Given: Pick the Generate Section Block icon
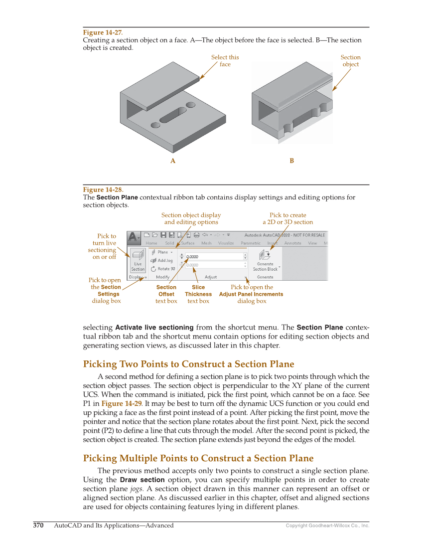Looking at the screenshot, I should (265, 256).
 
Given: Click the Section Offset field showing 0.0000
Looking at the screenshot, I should (214, 256).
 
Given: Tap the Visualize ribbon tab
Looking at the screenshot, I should (226, 243).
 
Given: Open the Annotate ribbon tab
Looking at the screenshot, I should (292, 243).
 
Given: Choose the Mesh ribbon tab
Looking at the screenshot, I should (206, 243).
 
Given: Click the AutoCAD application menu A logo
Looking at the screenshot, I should (134, 237).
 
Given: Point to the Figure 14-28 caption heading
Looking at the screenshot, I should (103, 189).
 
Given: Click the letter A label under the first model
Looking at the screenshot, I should (173, 161).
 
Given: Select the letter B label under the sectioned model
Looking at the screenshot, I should (292, 161).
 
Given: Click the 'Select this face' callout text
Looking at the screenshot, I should (225, 61).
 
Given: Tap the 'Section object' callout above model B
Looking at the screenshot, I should (350, 61).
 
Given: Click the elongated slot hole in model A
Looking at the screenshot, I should (172, 114).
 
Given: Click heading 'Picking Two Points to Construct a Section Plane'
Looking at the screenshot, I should (188, 364).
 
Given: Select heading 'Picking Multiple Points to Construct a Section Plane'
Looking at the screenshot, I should (198, 458).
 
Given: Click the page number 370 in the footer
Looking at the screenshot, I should (38, 525).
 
